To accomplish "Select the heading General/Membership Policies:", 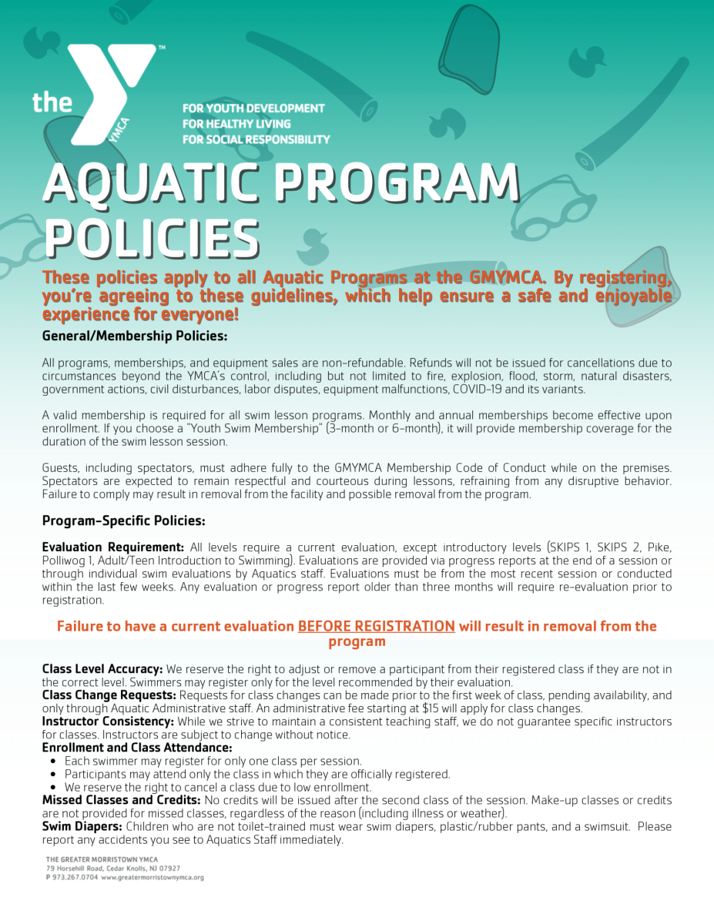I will pos(135,336).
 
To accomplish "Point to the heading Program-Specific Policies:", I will pos(123,521).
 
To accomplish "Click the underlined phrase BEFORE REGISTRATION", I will pos(376,626).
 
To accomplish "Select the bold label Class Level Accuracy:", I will pos(102,668).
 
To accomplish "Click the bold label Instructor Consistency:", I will pos(108,721).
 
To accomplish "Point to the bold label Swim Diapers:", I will pos(82,826).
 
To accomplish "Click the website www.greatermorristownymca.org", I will pos(153,877).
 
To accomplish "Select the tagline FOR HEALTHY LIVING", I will pos(236,123).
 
